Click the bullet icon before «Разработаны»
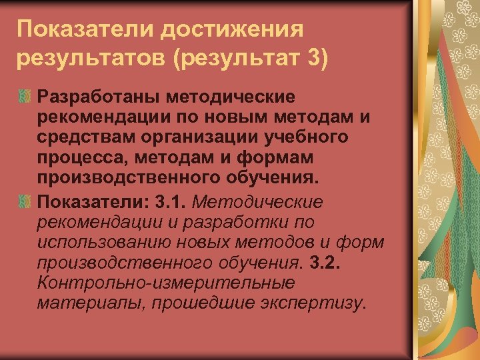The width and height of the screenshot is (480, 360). pos(25,97)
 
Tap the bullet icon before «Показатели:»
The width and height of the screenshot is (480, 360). pos(25,201)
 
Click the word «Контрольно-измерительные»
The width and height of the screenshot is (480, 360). pos(166,283)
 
